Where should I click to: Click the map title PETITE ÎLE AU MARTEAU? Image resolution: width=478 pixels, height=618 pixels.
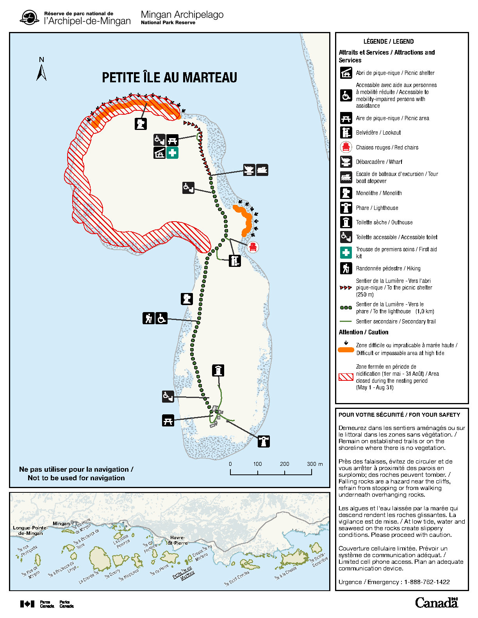coord(169,77)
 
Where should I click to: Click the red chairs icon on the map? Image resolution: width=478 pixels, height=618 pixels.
coord(253,247)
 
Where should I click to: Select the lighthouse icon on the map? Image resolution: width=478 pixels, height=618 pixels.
coord(264,441)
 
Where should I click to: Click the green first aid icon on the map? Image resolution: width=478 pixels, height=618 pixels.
coord(172,153)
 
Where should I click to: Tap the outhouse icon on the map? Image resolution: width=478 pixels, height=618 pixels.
coord(218,370)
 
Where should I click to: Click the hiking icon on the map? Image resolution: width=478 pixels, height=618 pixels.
coord(148,318)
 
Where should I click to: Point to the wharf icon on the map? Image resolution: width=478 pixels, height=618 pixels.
coord(249,170)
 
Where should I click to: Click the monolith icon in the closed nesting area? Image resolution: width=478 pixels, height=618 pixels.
coord(141,124)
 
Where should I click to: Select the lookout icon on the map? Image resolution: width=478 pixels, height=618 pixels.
coord(235,261)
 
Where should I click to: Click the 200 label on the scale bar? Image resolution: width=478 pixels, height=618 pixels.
coord(284,464)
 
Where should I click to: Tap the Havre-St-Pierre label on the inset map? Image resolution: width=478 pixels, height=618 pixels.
coord(178,540)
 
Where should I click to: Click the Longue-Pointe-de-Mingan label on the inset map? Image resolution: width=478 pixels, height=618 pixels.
coord(30,530)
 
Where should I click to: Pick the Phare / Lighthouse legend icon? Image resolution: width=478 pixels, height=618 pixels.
coord(346,208)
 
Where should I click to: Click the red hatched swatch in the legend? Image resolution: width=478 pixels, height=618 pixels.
coord(346,377)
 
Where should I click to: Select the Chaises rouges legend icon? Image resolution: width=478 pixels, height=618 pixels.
coord(346,147)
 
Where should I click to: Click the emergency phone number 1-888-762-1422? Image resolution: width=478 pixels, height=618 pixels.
coord(427,582)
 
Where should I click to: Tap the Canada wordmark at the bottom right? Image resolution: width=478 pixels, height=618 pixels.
coord(436,602)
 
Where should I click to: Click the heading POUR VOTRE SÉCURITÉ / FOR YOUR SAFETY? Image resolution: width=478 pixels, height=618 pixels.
coord(399,415)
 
